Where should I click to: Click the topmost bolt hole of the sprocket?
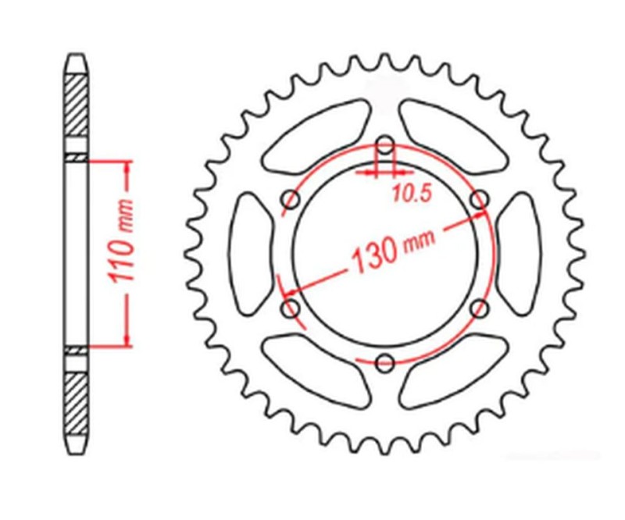click(384, 144)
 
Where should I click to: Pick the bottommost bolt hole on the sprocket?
click(384, 362)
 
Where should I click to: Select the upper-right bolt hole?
click(480, 199)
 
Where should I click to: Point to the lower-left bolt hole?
click(290, 308)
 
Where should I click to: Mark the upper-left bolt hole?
click(290, 199)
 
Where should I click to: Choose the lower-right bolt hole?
click(480, 308)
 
